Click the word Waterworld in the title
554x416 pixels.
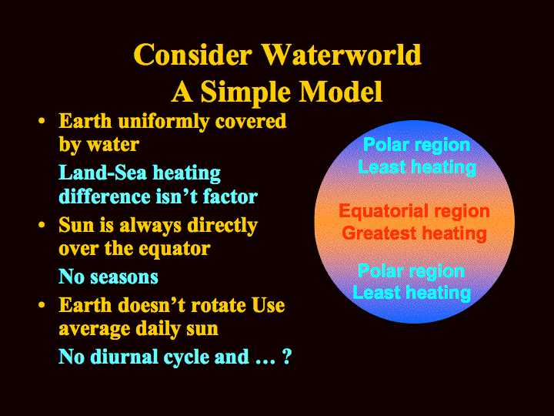tap(342, 55)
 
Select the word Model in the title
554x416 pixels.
tap(341, 91)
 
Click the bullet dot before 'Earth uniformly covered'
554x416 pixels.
tap(42, 122)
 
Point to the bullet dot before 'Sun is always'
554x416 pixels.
tap(42, 225)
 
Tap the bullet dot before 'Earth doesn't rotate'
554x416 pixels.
tap(42, 305)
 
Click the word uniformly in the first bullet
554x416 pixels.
tap(164, 122)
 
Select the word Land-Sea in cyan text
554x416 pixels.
tap(102, 173)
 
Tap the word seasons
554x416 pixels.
tap(124, 277)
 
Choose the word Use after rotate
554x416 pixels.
tap(269, 305)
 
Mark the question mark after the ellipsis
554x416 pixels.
tap(287, 357)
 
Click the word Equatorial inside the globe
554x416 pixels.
tap(383, 212)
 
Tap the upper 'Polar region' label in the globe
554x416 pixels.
tap(416, 146)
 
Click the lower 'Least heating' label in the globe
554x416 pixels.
tap(412, 293)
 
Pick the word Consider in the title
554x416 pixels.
tap(193, 55)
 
